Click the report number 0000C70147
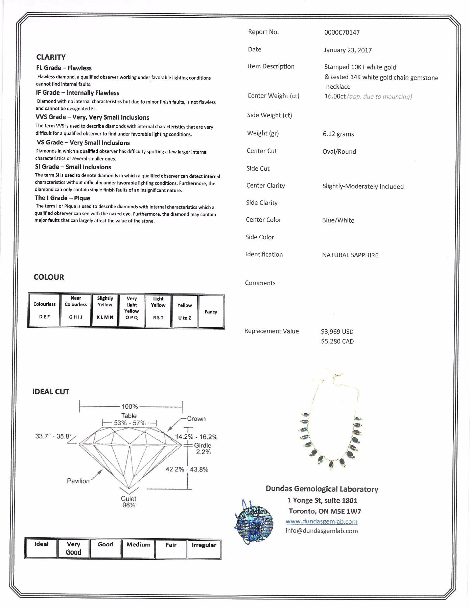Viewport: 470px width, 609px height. [342, 32]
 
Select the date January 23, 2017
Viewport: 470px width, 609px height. [348, 50]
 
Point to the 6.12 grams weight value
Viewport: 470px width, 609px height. [338, 134]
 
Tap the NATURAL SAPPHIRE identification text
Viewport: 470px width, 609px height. [350, 255]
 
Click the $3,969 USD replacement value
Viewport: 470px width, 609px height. [337, 332]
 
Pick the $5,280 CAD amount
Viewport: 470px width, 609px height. [337, 342]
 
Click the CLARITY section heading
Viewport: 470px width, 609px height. [51, 57]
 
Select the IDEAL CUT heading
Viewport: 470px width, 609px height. [51, 392]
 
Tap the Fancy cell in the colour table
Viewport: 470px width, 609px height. [211, 312]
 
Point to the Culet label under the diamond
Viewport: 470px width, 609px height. [128, 499]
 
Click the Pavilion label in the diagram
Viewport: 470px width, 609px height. [78, 481]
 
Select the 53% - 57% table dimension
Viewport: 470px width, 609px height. [130, 423]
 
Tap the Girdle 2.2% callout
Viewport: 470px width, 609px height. [203, 449]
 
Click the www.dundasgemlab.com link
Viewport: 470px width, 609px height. [321, 522]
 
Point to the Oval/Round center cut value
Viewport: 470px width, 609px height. [339, 152]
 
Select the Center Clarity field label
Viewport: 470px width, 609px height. [265, 186]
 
